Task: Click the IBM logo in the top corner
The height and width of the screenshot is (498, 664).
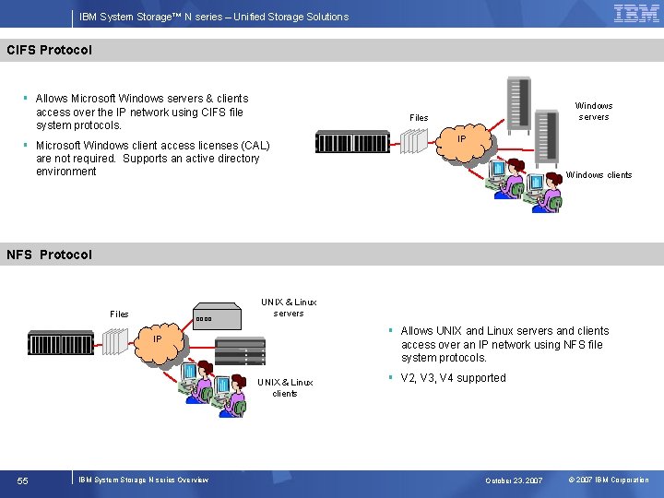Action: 636,14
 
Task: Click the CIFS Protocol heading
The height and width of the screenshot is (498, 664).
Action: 50,50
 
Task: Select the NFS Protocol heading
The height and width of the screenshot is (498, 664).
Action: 50,255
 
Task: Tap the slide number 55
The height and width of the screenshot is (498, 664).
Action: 23,480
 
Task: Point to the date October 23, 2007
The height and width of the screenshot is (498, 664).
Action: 514,480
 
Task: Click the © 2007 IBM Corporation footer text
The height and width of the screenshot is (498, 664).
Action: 609,480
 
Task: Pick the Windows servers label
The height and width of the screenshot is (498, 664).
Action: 594,112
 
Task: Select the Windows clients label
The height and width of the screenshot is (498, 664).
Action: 599,175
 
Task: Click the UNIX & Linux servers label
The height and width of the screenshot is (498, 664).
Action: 289,307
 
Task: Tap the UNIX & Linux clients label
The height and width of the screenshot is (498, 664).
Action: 285,387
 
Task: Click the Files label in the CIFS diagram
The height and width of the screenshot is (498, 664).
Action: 419,118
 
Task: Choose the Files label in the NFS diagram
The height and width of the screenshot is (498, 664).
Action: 119,314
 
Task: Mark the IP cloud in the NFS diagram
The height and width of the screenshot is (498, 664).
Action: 159,340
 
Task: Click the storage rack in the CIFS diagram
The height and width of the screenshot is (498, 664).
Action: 353,142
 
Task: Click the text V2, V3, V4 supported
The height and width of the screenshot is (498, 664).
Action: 453,378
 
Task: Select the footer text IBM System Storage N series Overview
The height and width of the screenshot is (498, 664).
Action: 144,480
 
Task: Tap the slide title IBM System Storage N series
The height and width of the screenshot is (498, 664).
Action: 214,17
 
